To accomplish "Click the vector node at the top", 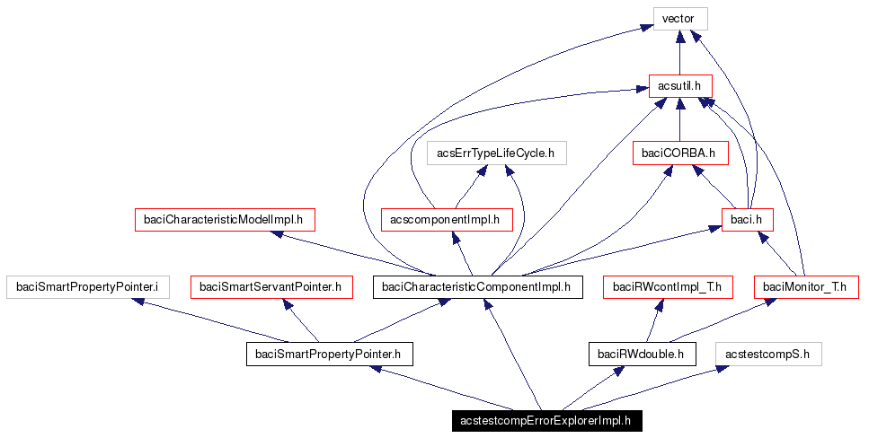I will [679, 19].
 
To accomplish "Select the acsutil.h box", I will [679, 86].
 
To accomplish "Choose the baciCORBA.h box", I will [679, 153].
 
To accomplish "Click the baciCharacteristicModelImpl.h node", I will [225, 219].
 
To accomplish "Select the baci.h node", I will [747, 219].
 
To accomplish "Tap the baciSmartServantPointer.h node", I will [270, 287].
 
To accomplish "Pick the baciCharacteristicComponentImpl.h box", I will [476, 287].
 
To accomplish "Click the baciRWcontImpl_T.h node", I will [668, 287].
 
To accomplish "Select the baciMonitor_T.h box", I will [805, 287].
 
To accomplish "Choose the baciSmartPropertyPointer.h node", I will [328, 355].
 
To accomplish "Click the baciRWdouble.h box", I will [642, 355].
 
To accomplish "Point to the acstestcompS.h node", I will [768, 355].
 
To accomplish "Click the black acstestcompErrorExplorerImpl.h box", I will [545, 421].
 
